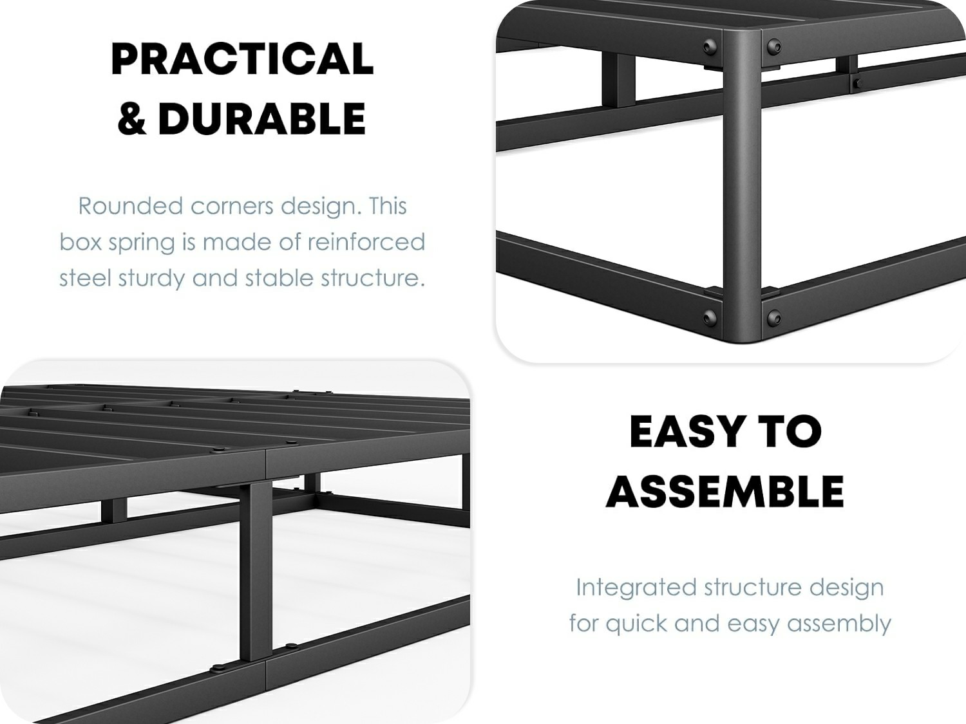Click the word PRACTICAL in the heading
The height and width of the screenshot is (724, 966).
click(242, 59)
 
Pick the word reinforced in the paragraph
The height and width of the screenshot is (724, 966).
click(366, 243)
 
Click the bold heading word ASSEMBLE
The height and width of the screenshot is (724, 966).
click(724, 491)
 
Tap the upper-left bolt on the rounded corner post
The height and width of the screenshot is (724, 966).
click(710, 47)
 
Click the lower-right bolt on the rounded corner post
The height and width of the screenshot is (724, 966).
click(773, 317)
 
